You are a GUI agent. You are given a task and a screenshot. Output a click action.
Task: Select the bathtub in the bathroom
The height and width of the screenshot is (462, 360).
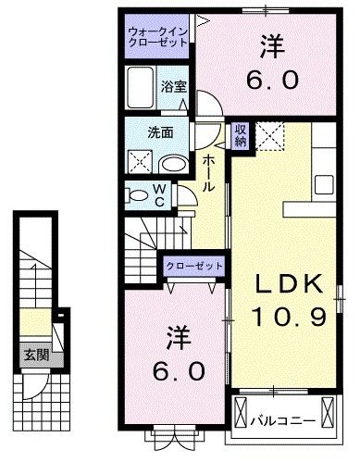(x=141, y=93)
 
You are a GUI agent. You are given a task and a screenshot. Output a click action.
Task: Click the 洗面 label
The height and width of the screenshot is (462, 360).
(x=160, y=132)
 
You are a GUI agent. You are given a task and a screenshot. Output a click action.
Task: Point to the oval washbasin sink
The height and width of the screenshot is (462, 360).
(x=172, y=164)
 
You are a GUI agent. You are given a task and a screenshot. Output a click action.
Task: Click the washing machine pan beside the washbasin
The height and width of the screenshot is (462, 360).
(x=141, y=161)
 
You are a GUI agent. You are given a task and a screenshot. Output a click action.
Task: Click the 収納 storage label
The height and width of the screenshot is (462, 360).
(x=240, y=136)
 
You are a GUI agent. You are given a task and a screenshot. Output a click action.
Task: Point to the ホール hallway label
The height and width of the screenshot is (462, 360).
(x=210, y=173)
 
